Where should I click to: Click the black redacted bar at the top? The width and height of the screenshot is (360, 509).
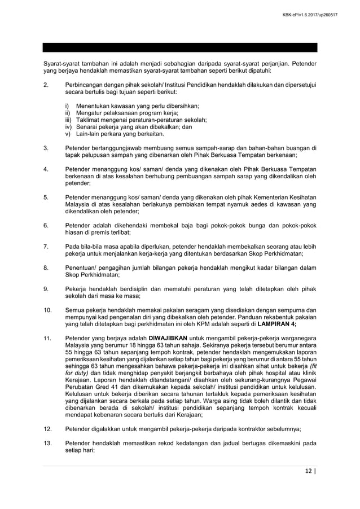[181, 47]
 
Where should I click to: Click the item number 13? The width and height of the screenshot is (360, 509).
[47, 443]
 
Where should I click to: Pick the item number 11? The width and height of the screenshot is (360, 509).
[47, 339]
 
